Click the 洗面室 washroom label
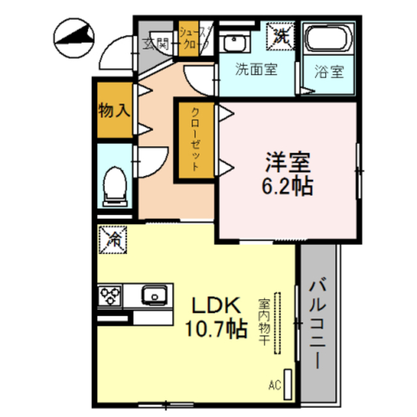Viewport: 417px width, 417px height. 256,70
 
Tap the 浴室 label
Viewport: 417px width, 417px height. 330,72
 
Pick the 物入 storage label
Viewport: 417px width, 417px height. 113,111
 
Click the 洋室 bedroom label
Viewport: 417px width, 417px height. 287,161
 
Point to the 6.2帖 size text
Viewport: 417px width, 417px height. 287,186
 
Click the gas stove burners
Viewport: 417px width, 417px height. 111,297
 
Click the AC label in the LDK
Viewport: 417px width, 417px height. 274,385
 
